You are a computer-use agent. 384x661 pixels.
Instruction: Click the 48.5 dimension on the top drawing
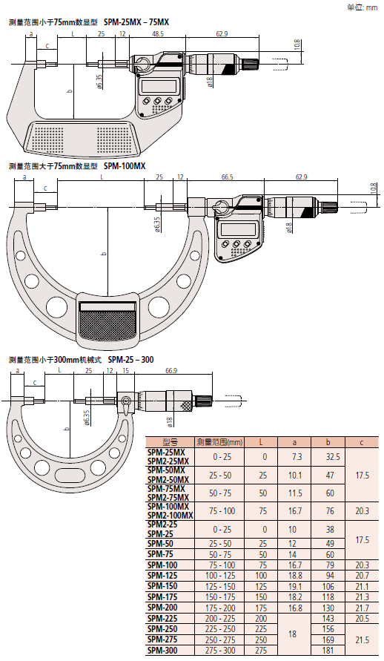[159, 34]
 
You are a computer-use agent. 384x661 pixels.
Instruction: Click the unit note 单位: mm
[362, 7]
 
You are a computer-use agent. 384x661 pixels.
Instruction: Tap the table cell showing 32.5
[333, 456]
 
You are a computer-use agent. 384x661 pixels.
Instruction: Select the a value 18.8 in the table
[294, 575]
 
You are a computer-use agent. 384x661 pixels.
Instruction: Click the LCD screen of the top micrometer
[160, 84]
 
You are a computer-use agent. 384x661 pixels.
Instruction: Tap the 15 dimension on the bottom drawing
[125, 370]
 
